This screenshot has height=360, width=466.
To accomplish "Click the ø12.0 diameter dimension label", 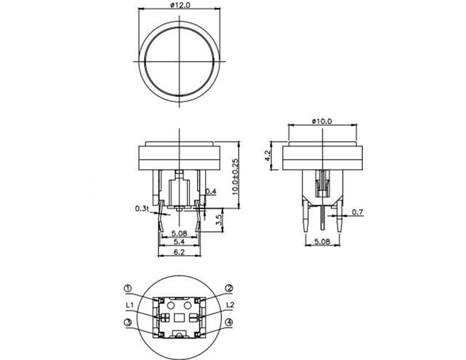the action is tap(180, 5).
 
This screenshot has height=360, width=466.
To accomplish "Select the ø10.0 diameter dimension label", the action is tap(322, 121).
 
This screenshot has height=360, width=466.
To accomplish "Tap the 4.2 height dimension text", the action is tap(267, 156).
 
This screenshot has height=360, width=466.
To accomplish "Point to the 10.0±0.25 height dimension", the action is tap(235, 177).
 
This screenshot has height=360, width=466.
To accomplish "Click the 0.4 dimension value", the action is tap(211, 191).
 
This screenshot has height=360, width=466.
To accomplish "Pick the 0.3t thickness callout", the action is tap(142, 209).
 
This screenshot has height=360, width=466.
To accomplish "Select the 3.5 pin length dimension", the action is tap(219, 220).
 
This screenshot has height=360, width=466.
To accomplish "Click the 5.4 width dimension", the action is tap(179, 242).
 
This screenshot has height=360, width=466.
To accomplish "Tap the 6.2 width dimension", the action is tap(179, 252).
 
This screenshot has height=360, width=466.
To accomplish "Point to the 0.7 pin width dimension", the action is tap(357, 212).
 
